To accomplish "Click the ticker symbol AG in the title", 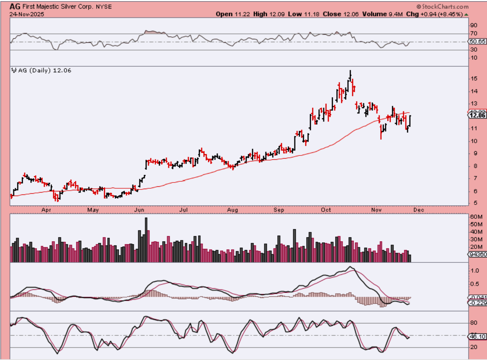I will [15, 7].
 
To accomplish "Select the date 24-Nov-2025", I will [26, 14].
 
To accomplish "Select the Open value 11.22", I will [243, 14].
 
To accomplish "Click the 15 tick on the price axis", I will [474, 79].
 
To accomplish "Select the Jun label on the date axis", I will [139, 210].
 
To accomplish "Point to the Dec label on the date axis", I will [419, 210].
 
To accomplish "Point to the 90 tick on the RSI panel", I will [474, 26].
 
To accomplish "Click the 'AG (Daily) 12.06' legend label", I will [42, 71].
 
